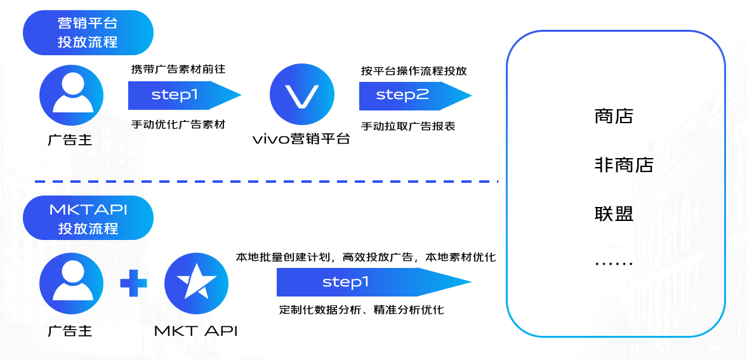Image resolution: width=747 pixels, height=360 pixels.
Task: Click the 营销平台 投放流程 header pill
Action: [x=88, y=33]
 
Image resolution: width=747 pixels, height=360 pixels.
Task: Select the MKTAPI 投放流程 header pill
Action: [x=88, y=219]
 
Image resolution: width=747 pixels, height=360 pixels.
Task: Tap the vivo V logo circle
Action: [x=302, y=95]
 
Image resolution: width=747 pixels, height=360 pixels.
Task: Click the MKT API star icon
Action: [x=196, y=283]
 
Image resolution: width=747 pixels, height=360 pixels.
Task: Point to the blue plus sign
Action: [x=133, y=283]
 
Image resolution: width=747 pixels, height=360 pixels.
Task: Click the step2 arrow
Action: [x=414, y=95]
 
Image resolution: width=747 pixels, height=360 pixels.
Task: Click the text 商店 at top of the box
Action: [x=614, y=116]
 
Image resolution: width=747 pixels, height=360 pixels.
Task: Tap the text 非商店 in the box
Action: [x=624, y=165]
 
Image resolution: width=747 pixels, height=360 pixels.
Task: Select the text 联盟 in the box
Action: [x=614, y=213]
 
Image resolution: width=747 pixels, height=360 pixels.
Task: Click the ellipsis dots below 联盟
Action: [x=614, y=263]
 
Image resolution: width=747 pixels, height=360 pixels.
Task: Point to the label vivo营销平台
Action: [x=301, y=139]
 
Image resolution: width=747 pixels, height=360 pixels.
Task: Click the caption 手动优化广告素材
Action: [x=178, y=124]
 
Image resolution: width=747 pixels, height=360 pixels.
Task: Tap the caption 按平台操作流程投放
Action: [x=414, y=70]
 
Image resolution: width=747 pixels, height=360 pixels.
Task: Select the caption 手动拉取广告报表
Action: [x=408, y=126]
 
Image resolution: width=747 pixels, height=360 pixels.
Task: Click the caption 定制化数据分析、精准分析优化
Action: [x=361, y=310]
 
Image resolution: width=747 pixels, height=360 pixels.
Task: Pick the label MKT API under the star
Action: [x=196, y=331]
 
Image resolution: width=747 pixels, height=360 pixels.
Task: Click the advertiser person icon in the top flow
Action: [x=71, y=96]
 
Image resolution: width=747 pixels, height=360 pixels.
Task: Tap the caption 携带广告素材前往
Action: [x=178, y=69]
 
